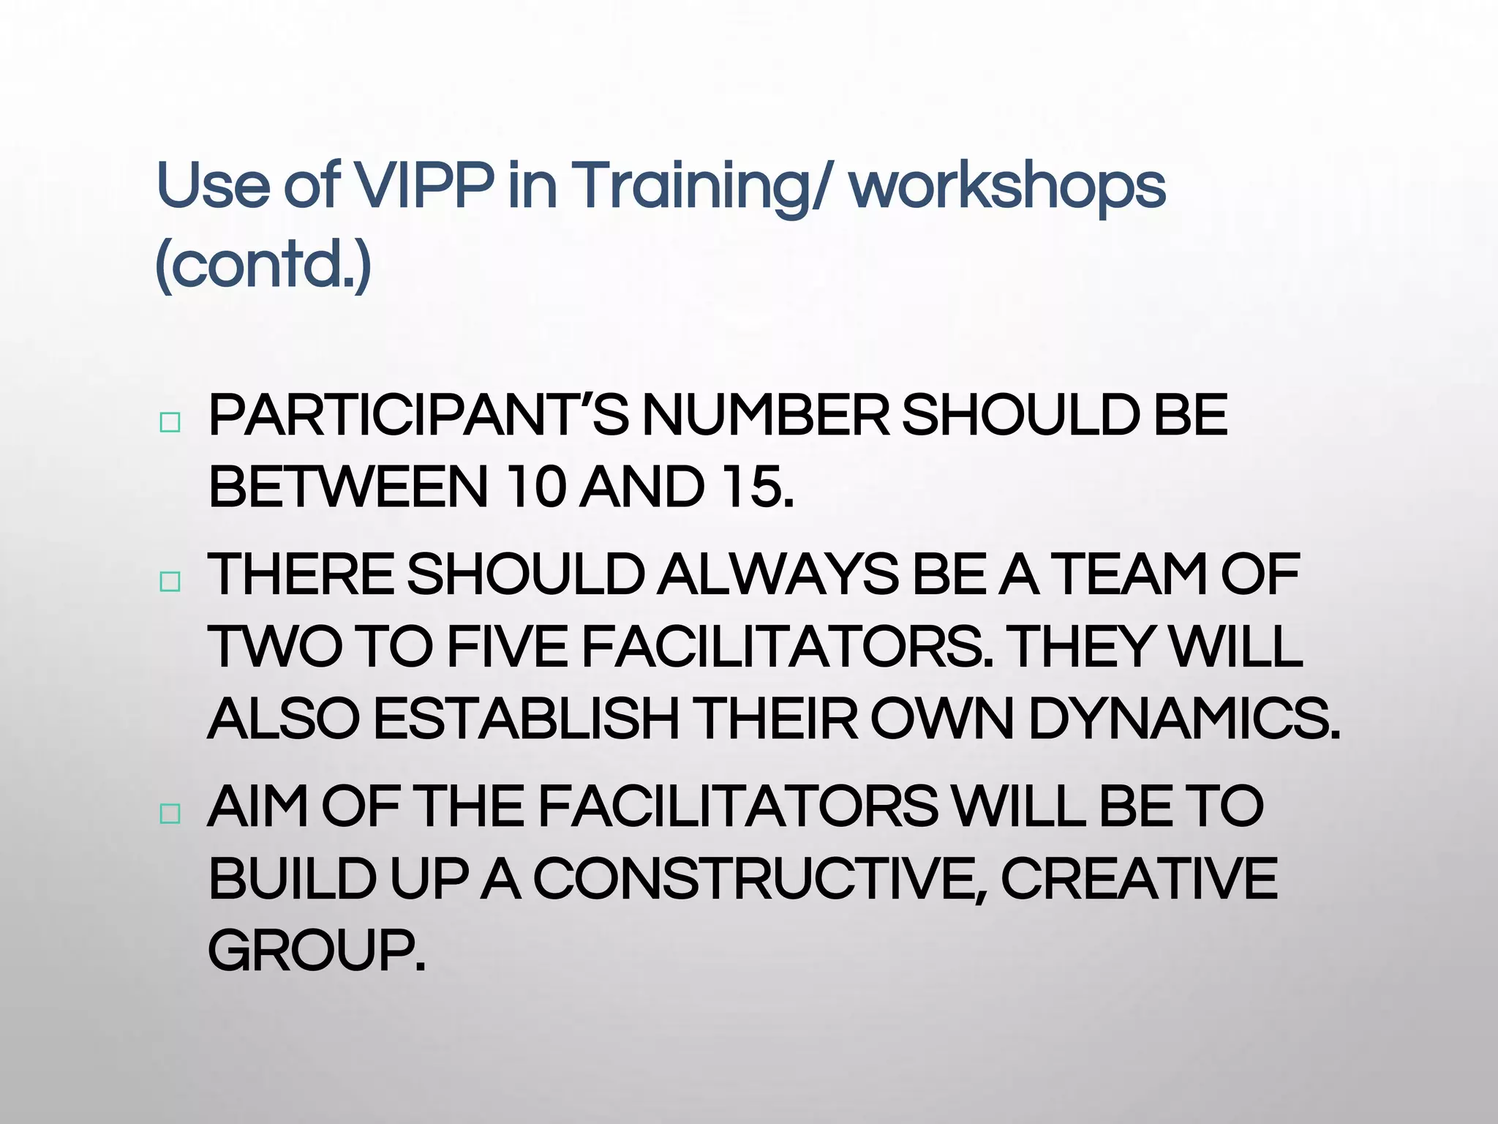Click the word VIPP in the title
423,184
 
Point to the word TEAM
1129,574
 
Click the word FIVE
506,647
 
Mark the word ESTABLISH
527,719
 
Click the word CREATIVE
1139,878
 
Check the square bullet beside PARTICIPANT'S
170,422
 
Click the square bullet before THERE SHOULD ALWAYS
170,582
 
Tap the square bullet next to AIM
170,814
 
